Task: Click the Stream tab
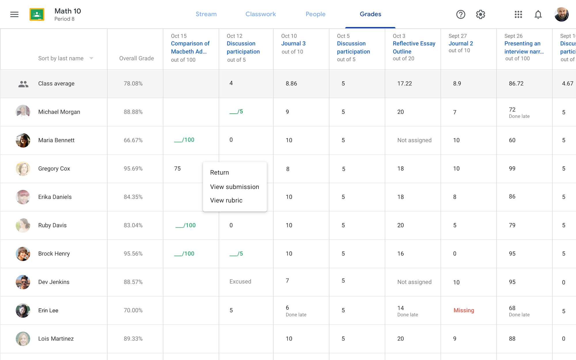[x=206, y=14]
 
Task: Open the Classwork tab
[x=260, y=14]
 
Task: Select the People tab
[x=315, y=14]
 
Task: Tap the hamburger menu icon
[x=14, y=14]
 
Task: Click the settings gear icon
[x=480, y=14]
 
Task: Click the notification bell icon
[x=538, y=14]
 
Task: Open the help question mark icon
[x=461, y=14]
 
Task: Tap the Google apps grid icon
[x=518, y=14]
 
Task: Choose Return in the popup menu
[x=219, y=173]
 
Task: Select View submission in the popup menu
[x=234, y=187]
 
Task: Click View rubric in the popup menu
[x=226, y=200]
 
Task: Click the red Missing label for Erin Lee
[x=464, y=310]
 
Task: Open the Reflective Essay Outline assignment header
[x=414, y=48]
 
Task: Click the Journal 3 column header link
[x=293, y=43]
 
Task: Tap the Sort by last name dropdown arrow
[x=91, y=58]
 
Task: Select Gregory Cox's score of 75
[x=177, y=168]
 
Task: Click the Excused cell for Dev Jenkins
[x=240, y=282]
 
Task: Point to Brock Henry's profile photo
[x=23, y=254]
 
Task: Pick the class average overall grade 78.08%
[x=133, y=84]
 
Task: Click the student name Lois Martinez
[x=56, y=339]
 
